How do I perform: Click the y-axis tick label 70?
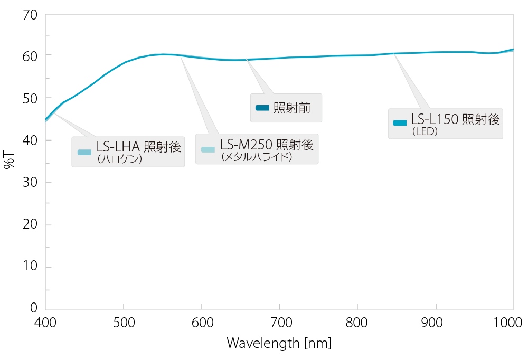[30, 15]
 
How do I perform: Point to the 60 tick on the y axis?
[30, 56]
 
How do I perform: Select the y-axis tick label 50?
[30, 98]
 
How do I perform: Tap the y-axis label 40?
[30, 140]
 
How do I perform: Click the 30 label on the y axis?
[30, 182]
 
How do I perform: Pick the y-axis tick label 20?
[30, 224]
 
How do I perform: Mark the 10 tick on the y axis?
[30, 266]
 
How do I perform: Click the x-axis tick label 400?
[45, 323]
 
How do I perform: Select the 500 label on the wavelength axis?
[124, 323]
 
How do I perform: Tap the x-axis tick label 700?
[281, 323]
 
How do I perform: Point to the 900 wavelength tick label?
[432, 323]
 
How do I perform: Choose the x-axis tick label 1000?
[508, 323]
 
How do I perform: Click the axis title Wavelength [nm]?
[279, 343]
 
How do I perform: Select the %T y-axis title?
[9, 160]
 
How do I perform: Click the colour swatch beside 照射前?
[262, 108]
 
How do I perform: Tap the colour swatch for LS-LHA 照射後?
[84, 152]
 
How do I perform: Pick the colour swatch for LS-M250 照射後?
[208, 149]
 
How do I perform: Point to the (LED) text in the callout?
[425, 131]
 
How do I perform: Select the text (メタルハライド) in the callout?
[257, 157]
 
